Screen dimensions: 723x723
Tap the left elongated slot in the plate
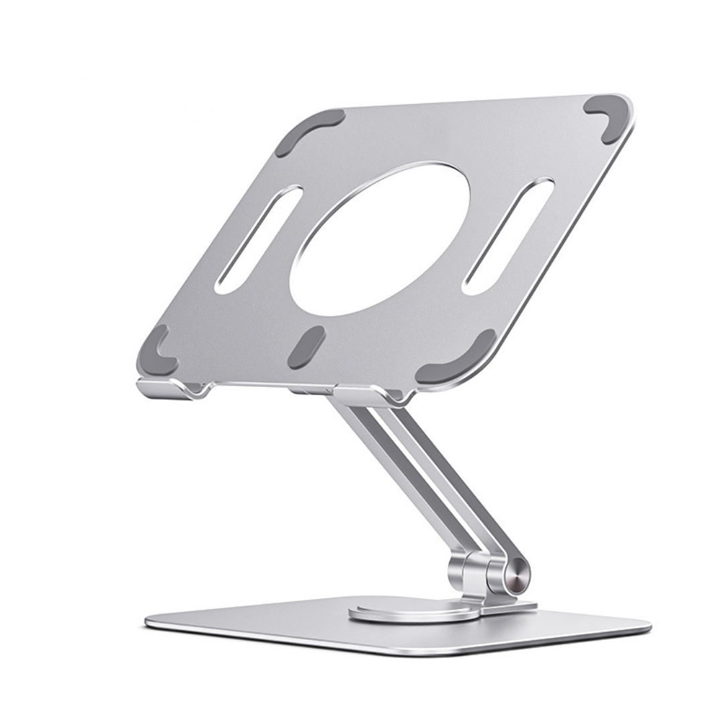coord(258,240)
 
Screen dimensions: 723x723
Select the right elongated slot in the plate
coord(508,236)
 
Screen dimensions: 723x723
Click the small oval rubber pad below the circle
coord(307,347)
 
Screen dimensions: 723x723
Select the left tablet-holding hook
coord(171,389)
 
